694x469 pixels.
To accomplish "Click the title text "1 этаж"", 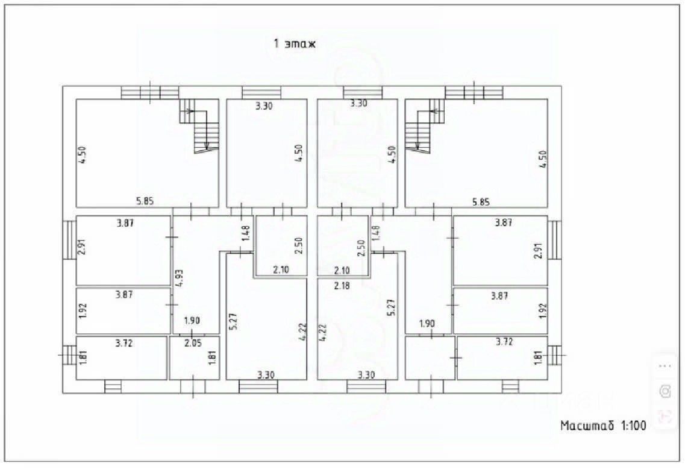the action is click(x=295, y=43).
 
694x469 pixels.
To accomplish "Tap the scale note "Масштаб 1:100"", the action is click(x=603, y=426).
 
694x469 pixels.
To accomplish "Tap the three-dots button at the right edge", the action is click(x=665, y=366).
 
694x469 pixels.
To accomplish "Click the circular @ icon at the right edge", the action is click(x=665, y=391).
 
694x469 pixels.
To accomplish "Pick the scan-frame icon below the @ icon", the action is click(x=665, y=415).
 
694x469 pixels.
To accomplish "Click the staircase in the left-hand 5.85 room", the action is click(x=201, y=127).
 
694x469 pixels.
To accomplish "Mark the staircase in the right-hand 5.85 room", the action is click(x=422, y=127).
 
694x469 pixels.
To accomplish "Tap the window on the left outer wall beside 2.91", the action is click(x=69, y=239).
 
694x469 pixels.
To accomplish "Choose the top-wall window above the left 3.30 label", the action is click(x=261, y=93).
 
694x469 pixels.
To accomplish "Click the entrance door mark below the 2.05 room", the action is click(x=193, y=386).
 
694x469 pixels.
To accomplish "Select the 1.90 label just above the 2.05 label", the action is click(x=192, y=321).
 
